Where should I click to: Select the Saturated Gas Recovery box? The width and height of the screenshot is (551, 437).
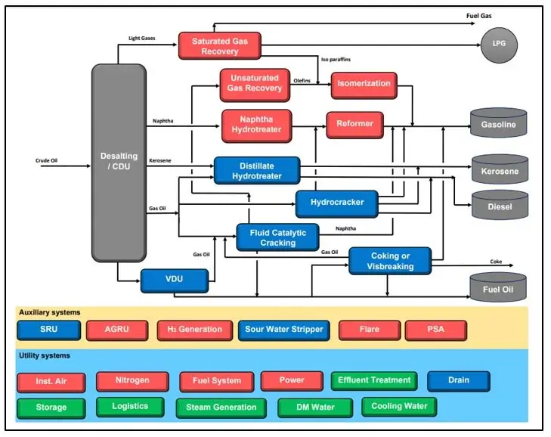coord(219,46)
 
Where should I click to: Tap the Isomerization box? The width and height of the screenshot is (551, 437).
coord(364,84)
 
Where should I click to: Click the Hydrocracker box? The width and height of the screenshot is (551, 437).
coord(337,202)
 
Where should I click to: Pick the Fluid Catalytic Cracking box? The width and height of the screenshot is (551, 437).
coord(277,237)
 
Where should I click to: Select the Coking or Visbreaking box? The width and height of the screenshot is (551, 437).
coord(389,261)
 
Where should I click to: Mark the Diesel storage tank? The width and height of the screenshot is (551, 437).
coord(499,206)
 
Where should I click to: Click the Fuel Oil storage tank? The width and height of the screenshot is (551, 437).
coord(499,287)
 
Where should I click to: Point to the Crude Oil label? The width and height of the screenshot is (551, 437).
coord(46,160)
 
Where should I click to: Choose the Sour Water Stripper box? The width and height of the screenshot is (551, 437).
coord(284,330)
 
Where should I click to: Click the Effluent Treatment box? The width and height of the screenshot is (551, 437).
coord(374,380)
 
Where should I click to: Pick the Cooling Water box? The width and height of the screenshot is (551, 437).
coord(399,406)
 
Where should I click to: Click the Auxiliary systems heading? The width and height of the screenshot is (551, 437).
coord(50,312)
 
